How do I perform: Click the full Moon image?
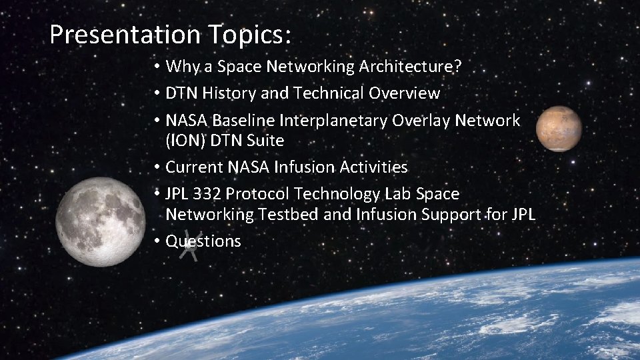click(100, 221)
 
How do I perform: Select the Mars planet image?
click(559, 129)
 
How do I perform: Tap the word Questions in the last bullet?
click(203, 241)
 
